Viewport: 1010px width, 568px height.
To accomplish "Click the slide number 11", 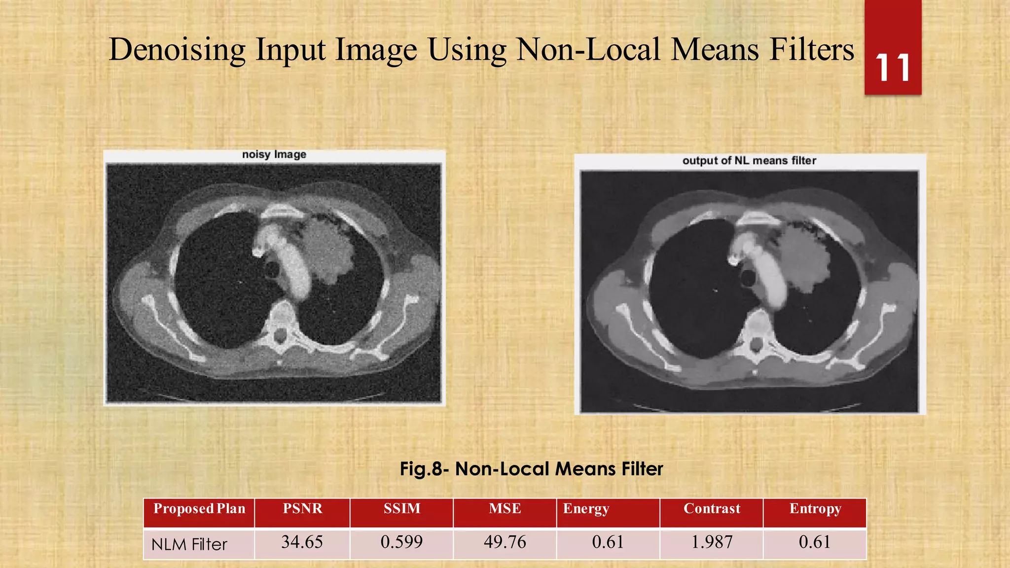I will coord(893,68).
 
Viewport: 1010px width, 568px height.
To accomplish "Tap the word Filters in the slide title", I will coord(811,50).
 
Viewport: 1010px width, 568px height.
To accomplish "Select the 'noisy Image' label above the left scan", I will coord(274,154).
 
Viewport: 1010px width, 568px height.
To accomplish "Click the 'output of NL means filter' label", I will coord(749,161).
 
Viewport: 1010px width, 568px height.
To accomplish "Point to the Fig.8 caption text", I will coord(531,468).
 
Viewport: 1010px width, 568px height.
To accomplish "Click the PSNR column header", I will coord(302,509).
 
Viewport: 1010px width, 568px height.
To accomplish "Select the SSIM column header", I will coord(402,509).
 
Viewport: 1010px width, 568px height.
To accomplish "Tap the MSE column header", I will coord(505,509).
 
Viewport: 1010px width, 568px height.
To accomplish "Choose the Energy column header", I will coord(586,509).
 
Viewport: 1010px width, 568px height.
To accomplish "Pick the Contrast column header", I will coord(712,509).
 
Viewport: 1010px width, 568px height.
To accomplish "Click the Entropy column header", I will coord(815,509).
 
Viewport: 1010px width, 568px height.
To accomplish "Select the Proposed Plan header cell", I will coord(199,509).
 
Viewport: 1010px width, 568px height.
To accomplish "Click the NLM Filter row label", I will coord(189,544).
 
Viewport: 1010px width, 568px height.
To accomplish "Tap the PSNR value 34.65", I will coord(302,542).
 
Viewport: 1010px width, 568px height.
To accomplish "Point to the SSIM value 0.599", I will coord(401,542).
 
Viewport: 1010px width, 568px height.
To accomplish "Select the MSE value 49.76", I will coord(505,542).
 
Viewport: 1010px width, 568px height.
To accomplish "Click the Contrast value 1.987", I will coord(712,542).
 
